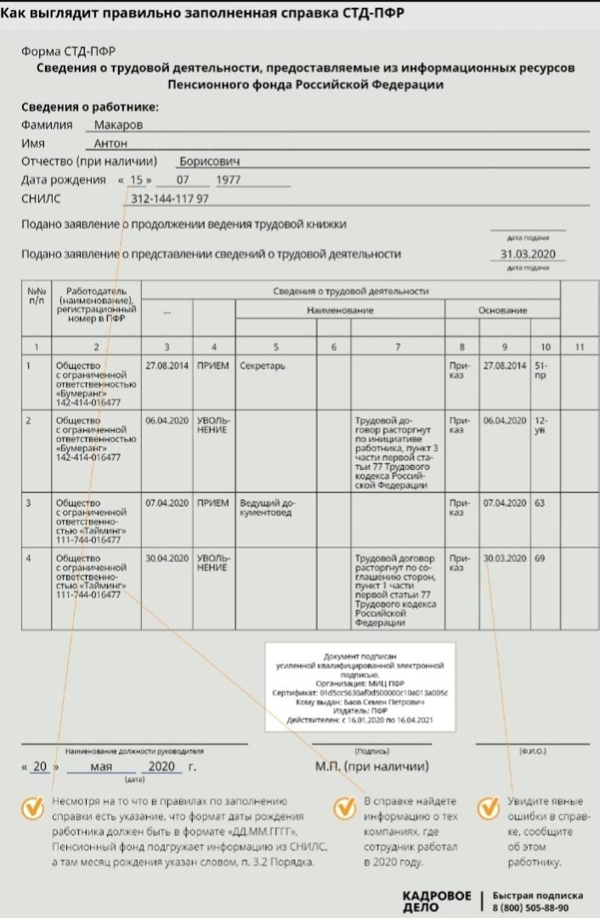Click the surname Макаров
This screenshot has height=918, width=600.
click(118, 124)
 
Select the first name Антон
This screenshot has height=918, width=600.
click(110, 144)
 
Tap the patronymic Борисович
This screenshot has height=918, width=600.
click(209, 161)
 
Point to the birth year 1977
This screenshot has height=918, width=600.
click(229, 180)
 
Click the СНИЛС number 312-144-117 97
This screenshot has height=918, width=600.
click(170, 199)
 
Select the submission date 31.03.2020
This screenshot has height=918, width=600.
click(527, 253)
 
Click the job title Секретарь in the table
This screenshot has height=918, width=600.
click(263, 365)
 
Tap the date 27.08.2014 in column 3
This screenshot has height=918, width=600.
click(167, 365)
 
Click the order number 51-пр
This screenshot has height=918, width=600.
click(541, 370)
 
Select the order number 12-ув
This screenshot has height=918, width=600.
click(541, 425)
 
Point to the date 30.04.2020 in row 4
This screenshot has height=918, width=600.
click(167, 558)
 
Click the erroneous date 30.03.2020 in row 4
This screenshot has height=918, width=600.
click(505, 558)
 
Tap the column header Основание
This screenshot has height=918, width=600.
click(503, 311)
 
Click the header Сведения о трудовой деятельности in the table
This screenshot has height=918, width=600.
click(350, 292)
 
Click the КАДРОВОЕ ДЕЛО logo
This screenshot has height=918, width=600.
click(436, 901)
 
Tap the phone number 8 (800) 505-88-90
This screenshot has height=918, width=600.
click(538, 907)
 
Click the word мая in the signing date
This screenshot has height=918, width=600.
click(101, 767)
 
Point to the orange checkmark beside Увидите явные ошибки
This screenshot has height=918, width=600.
click(487, 808)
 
